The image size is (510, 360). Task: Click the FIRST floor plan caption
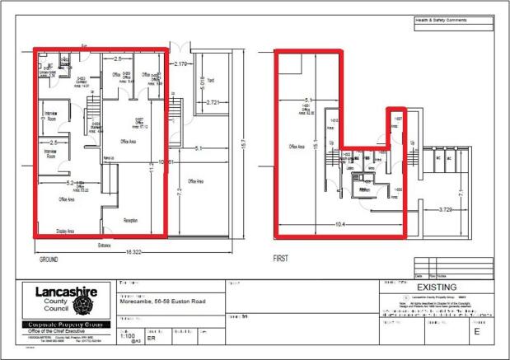tap(280, 258)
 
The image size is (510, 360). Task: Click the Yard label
tap(211, 82)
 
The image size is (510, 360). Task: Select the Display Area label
tap(66, 231)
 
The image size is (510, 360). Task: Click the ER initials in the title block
tap(152, 337)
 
